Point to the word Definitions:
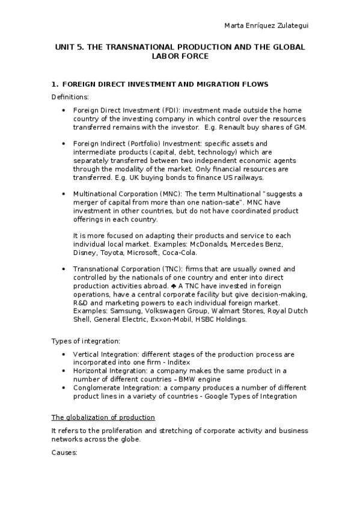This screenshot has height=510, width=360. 70,97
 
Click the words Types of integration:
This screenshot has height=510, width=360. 84,342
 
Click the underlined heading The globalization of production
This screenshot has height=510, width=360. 103,417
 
